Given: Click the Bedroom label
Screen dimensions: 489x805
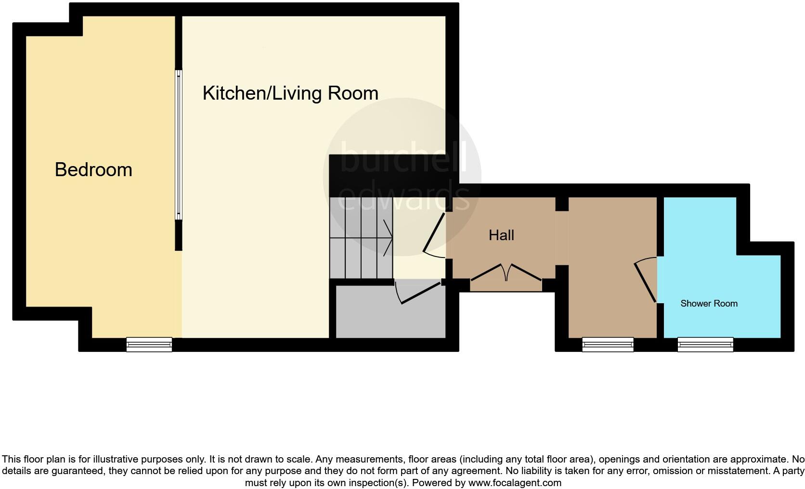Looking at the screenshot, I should point(93,170).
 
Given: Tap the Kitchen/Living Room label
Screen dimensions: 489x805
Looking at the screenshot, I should point(290,93).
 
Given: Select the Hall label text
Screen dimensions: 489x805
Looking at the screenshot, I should point(501,235).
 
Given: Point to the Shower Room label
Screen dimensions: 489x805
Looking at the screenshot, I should point(709,304).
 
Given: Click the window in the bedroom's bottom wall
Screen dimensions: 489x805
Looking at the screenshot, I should point(149,344).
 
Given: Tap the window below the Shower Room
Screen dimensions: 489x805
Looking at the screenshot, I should point(705,344).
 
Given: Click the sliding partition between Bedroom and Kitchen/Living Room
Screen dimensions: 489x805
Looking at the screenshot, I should point(179,144).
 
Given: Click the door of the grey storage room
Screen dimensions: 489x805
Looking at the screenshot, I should point(418,294).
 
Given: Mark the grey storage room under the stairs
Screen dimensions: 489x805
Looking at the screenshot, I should point(390,318).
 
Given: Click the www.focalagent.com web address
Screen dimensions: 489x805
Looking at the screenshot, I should point(515,483).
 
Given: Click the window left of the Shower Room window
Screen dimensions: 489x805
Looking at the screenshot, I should point(608,344).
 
